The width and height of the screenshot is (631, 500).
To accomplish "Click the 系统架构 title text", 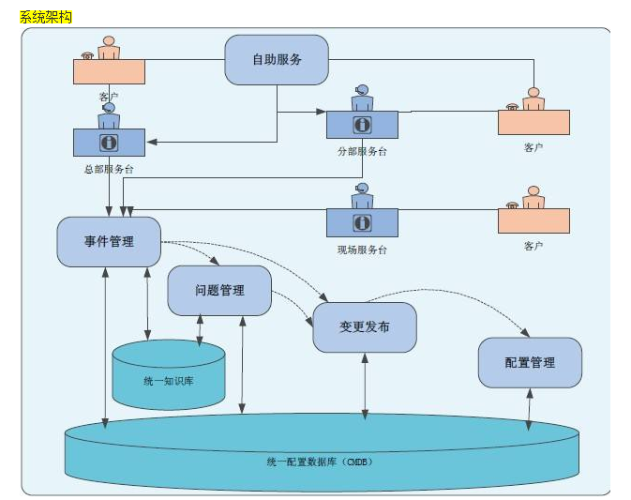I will pyautogui.click(x=46, y=18).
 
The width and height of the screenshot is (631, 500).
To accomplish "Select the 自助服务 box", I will pyautogui.click(x=277, y=60).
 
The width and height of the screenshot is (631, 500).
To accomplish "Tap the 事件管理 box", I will pyautogui.click(x=109, y=242).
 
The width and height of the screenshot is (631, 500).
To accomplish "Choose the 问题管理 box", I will pyautogui.click(x=219, y=291).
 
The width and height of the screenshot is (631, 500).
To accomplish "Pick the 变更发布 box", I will pyautogui.click(x=365, y=327).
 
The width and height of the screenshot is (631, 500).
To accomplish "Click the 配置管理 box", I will pyautogui.click(x=530, y=363).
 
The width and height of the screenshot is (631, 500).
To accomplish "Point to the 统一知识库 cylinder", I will pyautogui.click(x=169, y=380).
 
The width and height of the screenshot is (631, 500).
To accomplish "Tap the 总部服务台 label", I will pyautogui.click(x=109, y=169).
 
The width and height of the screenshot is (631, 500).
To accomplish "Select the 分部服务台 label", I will pyautogui.click(x=362, y=151).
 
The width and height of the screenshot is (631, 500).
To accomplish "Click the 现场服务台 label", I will pyautogui.click(x=362, y=250).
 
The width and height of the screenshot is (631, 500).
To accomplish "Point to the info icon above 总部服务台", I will pyautogui.click(x=109, y=142).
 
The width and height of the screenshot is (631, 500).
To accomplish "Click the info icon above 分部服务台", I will pyautogui.click(x=362, y=125).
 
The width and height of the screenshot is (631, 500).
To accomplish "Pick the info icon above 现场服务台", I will pyautogui.click(x=362, y=222).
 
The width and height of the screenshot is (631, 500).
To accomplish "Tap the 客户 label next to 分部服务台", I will pyautogui.click(x=533, y=147).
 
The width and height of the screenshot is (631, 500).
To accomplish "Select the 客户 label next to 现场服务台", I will pyautogui.click(x=533, y=246).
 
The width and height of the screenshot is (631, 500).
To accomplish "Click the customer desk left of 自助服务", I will pyautogui.click(x=109, y=70).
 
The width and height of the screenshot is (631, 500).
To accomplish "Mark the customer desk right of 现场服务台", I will pyautogui.click(x=533, y=220).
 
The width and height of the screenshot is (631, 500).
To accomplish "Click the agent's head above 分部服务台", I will pyautogui.click(x=362, y=91).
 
